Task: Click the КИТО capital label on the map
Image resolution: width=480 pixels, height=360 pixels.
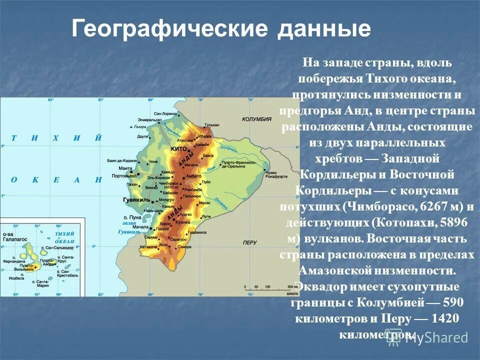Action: (178, 149)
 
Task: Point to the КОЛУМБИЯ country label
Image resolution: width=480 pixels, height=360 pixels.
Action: (256, 119)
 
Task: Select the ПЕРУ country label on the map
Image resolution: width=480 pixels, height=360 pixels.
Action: (249, 242)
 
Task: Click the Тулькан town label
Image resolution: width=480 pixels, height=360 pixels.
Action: (212, 125)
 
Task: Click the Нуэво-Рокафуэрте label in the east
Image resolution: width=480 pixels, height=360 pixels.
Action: (276, 174)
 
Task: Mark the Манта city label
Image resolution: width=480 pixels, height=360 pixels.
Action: (125, 168)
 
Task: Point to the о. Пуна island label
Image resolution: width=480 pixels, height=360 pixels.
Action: (135, 218)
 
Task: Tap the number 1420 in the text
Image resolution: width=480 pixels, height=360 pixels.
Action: (446, 319)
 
